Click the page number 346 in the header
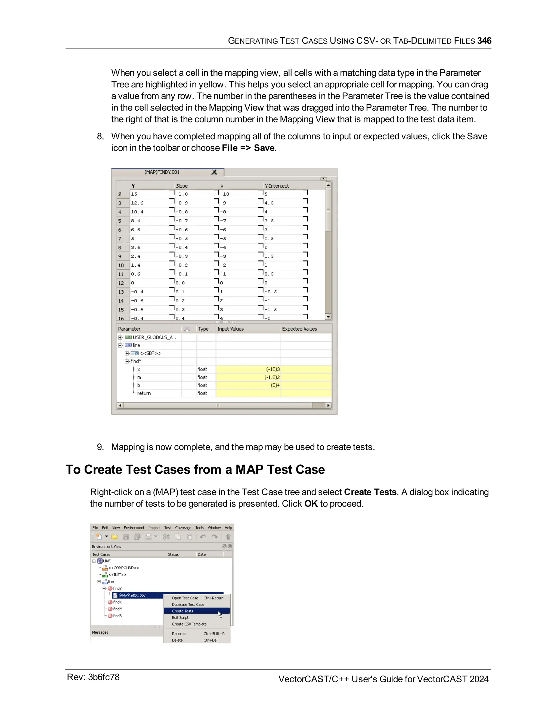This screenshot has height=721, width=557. [484, 41]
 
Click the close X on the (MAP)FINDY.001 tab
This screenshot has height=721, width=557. [214, 172]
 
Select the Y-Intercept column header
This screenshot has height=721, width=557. [277, 186]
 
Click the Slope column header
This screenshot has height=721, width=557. [182, 186]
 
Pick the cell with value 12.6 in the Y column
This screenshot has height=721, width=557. [137, 203]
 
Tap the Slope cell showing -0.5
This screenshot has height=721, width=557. [182, 238]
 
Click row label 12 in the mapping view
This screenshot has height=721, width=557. [121, 283]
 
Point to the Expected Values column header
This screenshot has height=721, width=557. [299, 329]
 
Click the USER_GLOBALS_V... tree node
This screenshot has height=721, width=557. [154, 337]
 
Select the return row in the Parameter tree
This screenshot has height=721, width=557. [144, 393]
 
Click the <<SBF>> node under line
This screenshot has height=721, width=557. [150, 353]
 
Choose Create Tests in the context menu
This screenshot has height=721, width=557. [182, 611]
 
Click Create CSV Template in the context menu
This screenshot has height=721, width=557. [189, 624]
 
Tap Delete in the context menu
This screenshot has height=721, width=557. [177, 640]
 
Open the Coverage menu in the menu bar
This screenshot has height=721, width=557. [183, 528]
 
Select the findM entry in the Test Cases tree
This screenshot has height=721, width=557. [117, 609]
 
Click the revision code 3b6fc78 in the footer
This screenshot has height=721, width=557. [104, 677]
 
